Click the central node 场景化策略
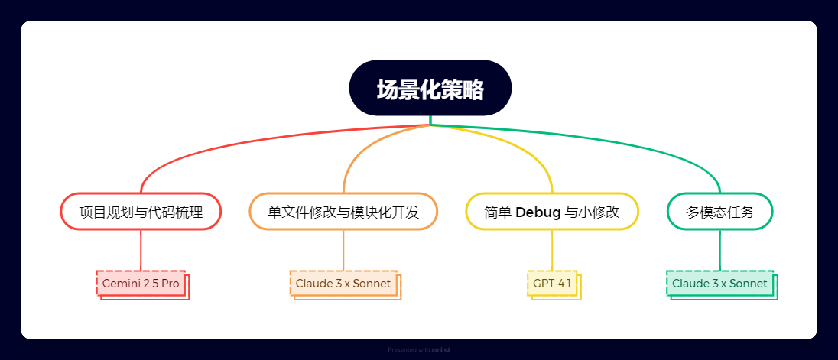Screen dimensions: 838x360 click(430, 88)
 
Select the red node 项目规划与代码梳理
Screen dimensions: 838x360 click(141, 212)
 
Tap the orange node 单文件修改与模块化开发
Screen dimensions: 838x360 click(343, 212)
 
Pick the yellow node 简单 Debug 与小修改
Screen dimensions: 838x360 click(552, 212)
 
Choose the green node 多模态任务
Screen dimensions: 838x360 click(720, 212)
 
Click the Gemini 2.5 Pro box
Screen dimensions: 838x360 click(141, 284)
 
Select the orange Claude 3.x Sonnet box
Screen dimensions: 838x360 click(343, 284)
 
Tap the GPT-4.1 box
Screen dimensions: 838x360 click(552, 284)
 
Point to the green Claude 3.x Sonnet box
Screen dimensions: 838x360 click(720, 284)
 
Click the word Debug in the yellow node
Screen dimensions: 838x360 click(538, 212)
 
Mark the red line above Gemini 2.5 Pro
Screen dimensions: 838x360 click(141, 251)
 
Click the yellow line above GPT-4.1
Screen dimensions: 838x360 click(552, 251)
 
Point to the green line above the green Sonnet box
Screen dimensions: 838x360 click(720, 251)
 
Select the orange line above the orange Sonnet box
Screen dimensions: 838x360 click(343, 251)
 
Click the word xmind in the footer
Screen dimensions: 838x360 click(441, 350)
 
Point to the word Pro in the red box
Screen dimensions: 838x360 click(171, 284)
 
